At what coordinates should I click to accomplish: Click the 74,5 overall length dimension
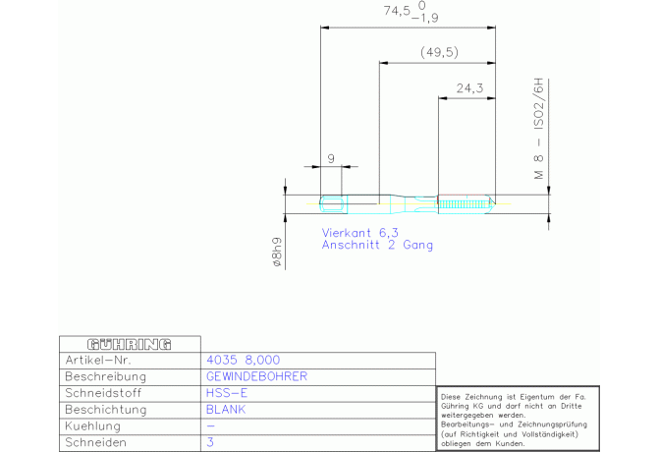(x=397, y=11)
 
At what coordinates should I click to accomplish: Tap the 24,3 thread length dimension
(x=469, y=88)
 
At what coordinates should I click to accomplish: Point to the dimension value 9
(x=331, y=158)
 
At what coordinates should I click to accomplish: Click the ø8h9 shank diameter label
(x=277, y=252)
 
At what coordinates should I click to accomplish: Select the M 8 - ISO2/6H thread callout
(x=539, y=129)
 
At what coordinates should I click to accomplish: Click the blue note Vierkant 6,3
(x=360, y=233)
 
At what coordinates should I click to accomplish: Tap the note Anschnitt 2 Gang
(x=377, y=245)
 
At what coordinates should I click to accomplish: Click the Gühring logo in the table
(x=130, y=345)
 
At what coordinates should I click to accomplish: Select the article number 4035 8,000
(x=243, y=360)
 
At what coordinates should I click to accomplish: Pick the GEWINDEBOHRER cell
(x=257, y=376)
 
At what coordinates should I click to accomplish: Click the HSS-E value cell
(x=227, y=393)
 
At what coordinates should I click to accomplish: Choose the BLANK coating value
(x=226, y=409)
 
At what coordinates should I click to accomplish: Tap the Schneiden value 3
(x=210, y=442)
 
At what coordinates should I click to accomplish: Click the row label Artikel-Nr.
(x=98, y=360)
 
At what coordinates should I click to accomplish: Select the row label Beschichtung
(x=106, y=410)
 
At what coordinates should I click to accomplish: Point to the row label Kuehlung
(x=92, y=426)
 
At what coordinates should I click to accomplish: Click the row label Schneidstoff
(x=103, y=393)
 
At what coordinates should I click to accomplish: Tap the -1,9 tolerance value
(x=424, y=18)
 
